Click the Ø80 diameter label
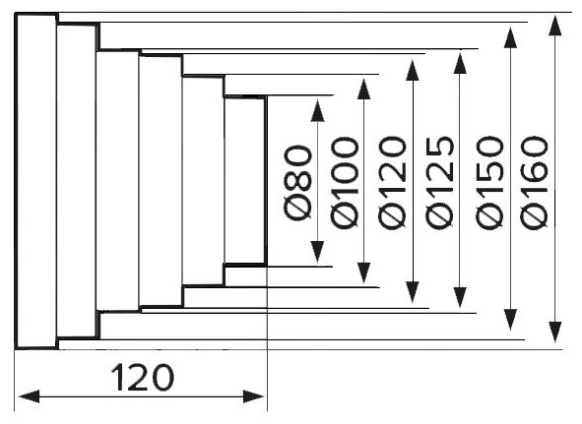[x=297, y=183]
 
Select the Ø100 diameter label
[x=345, y=183]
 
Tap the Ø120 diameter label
[x=392, y=182]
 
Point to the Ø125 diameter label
[x=439, y=182]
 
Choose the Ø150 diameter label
[x=489, y=183]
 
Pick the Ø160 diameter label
[x=534, y=182]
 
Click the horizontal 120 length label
[x=142, y=377]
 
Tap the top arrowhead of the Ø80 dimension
[x=317, y=110]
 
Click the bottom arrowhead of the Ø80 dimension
[x=317, y=252]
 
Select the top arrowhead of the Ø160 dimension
[x=554, y=26]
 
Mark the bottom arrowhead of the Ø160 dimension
[x=554, y=332]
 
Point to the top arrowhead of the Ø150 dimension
[x=511, y=37]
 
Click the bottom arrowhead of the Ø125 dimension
[x=460, y=297]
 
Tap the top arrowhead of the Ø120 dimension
[x=413, y=70]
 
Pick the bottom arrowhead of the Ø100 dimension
[x=363, y=273]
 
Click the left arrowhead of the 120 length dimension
[x=29, y=396]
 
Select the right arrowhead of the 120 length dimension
[x=253, y=396]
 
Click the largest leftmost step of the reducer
[x=36, y=181]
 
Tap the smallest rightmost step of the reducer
[x=245, y=181]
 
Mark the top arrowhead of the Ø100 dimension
[x=363, y=89]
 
